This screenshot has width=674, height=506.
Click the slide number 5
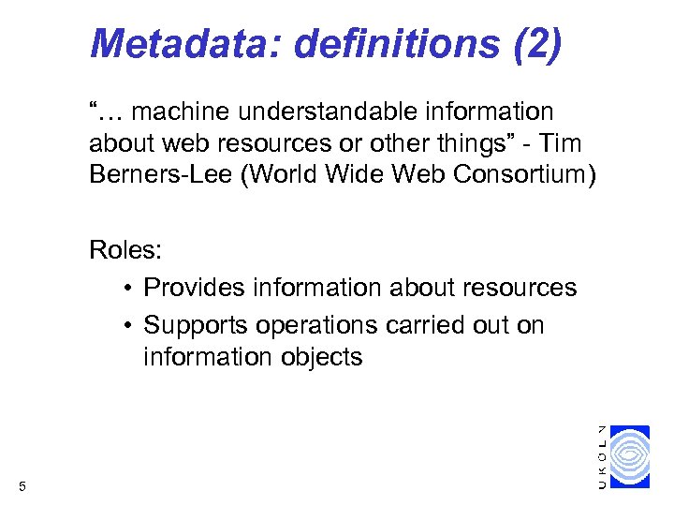(x=22, y=485)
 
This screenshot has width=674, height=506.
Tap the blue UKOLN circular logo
(x=637, y=456)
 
